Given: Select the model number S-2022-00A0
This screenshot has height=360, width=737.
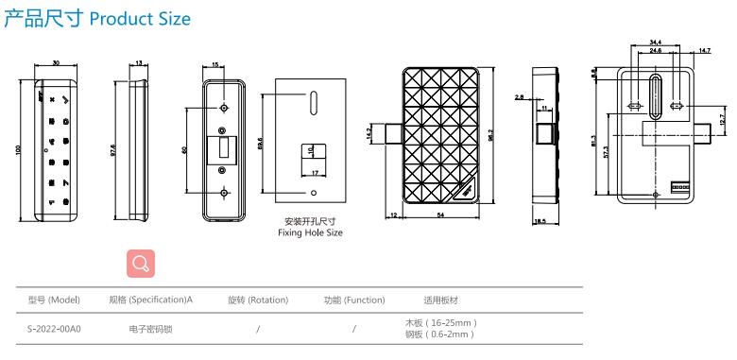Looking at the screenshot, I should click(x=55, y=329).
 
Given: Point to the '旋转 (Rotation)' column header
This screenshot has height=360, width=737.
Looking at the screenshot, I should click(x=257, y=300).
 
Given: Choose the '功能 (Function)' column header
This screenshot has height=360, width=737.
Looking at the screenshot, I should click(x=354, y=300).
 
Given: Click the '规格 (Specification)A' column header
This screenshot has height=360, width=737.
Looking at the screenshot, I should click(x=151, y=300).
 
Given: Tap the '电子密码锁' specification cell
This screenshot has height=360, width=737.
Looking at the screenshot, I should click(x=151, y=329).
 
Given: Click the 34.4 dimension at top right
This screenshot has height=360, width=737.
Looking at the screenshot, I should click(x=656, y=42).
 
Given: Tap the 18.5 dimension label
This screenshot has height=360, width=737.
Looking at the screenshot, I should click(x=540, y=221).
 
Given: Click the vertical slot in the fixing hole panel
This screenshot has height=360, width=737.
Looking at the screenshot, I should click(x=311, y=101).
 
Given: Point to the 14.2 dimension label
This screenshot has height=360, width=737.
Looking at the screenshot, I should click(x=369, y=134).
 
